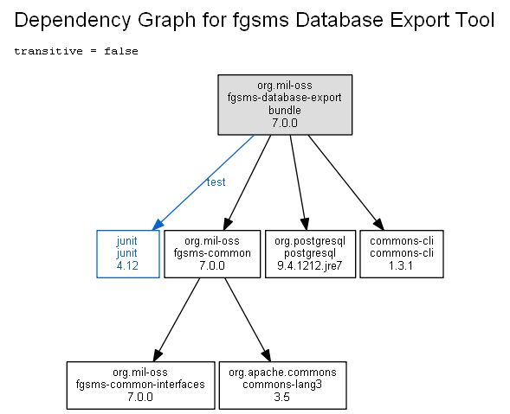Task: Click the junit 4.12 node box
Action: click(x=128, y=254)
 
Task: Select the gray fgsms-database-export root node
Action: click(x=285, y=105)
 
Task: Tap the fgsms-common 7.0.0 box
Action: click(x=212, y=254)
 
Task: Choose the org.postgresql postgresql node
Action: click(x=310, y=254)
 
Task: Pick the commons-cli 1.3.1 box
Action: click(x=402, y=254)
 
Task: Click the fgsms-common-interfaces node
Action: click(x=140, y=385)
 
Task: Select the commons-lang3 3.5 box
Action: click(x=282, y=385)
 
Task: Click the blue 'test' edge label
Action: click(x=216, y=182)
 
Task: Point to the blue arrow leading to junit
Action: click(x=203, y=183)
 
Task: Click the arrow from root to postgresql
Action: click(x=298, y=183)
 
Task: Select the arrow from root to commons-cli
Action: click(x=346, y=183)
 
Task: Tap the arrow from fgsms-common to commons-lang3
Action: click(x=248, y=320)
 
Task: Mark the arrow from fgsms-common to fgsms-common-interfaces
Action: click(x=177, y=320)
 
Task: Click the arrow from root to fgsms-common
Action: click(x=247, y=183)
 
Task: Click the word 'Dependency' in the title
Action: click(x=73, y=21)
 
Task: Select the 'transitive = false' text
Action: click(x=76, y=51)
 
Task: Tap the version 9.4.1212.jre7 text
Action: click(x=310, y=266)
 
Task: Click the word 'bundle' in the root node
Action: click(x=285, y=111)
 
